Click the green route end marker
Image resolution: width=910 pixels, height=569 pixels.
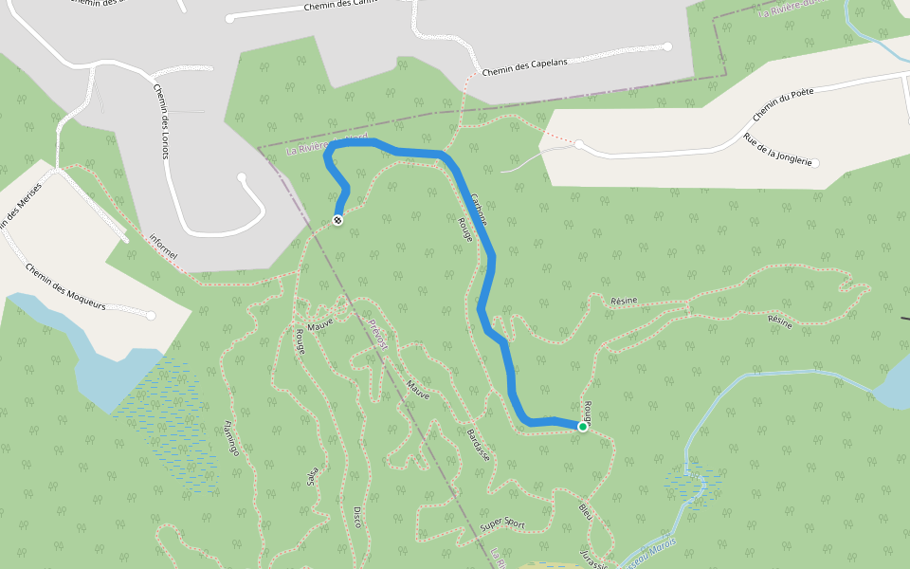(x=583, y=427)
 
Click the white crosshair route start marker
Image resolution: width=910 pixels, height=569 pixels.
(x=337, y=220)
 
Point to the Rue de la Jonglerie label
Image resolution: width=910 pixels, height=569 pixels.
(x=778, y=151)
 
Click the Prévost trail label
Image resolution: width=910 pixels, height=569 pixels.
(x=378, y=335)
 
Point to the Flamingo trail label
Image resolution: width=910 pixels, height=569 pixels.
(x=230, y=437)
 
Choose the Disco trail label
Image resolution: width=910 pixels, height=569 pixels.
(x=357, y=517)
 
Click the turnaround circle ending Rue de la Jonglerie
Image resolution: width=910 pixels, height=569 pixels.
(x=815, y=163)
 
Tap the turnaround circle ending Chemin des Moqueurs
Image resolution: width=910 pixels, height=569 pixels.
(x=151, y=315)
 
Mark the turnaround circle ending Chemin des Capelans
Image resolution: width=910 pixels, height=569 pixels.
(x=667, y=46)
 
